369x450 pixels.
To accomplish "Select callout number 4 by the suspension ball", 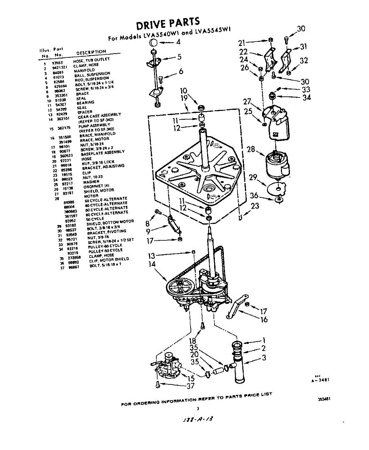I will click(x=178, y=42).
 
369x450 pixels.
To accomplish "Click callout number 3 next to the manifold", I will click(x=264, y=358).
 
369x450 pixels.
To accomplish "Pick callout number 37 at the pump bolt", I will click(x=191, y=385).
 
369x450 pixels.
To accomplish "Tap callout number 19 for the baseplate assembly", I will click(x=184, y=98).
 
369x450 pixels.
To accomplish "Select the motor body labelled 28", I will click(x=277, y=165).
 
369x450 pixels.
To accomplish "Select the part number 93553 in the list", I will click(x=57, y=63).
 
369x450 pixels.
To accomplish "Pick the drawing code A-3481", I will click(x=320, y=379).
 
